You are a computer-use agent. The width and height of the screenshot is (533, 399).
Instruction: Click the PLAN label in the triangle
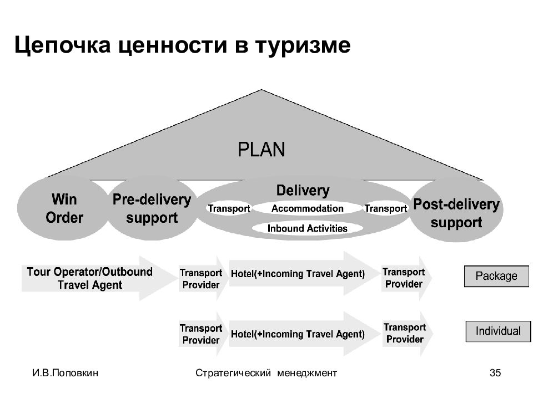261,150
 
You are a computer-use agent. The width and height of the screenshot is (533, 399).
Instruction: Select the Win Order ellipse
63,208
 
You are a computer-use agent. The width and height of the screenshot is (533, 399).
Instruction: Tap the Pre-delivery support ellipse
152,208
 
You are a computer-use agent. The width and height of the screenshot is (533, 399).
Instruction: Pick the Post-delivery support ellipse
456,211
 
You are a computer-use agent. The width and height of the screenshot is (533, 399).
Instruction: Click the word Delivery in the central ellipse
303,190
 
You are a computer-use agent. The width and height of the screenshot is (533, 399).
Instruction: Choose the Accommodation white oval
307,208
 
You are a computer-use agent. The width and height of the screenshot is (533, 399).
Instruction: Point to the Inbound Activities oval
307,228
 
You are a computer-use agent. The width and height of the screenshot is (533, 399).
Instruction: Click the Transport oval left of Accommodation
229,208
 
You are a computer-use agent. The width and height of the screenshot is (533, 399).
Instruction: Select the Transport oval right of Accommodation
385,208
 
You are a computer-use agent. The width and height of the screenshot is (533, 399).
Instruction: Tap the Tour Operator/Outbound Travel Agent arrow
99,278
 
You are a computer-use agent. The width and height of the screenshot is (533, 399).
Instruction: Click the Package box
496,276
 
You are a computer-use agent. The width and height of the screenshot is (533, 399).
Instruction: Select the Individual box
498,331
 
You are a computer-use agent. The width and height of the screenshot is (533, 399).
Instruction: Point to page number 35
495,373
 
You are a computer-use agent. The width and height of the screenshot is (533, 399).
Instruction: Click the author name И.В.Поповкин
66,373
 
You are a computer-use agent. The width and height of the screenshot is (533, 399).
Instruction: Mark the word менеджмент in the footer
307,373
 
